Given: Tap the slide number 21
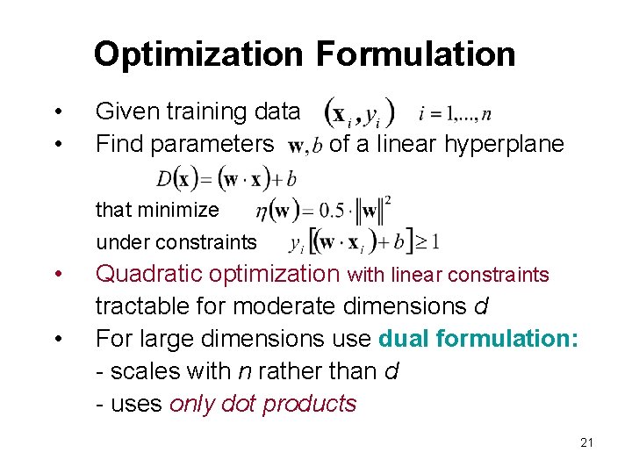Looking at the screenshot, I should [x=586, y=442].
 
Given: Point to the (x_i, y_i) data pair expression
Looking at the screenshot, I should [x=360, y=112].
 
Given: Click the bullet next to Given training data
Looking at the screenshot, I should [x=58, y=111].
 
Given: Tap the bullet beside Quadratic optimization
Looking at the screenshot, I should [x=58, y=274].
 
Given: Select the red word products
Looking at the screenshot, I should [x=310, y=404].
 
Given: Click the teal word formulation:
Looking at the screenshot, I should [x=509, y=338].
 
